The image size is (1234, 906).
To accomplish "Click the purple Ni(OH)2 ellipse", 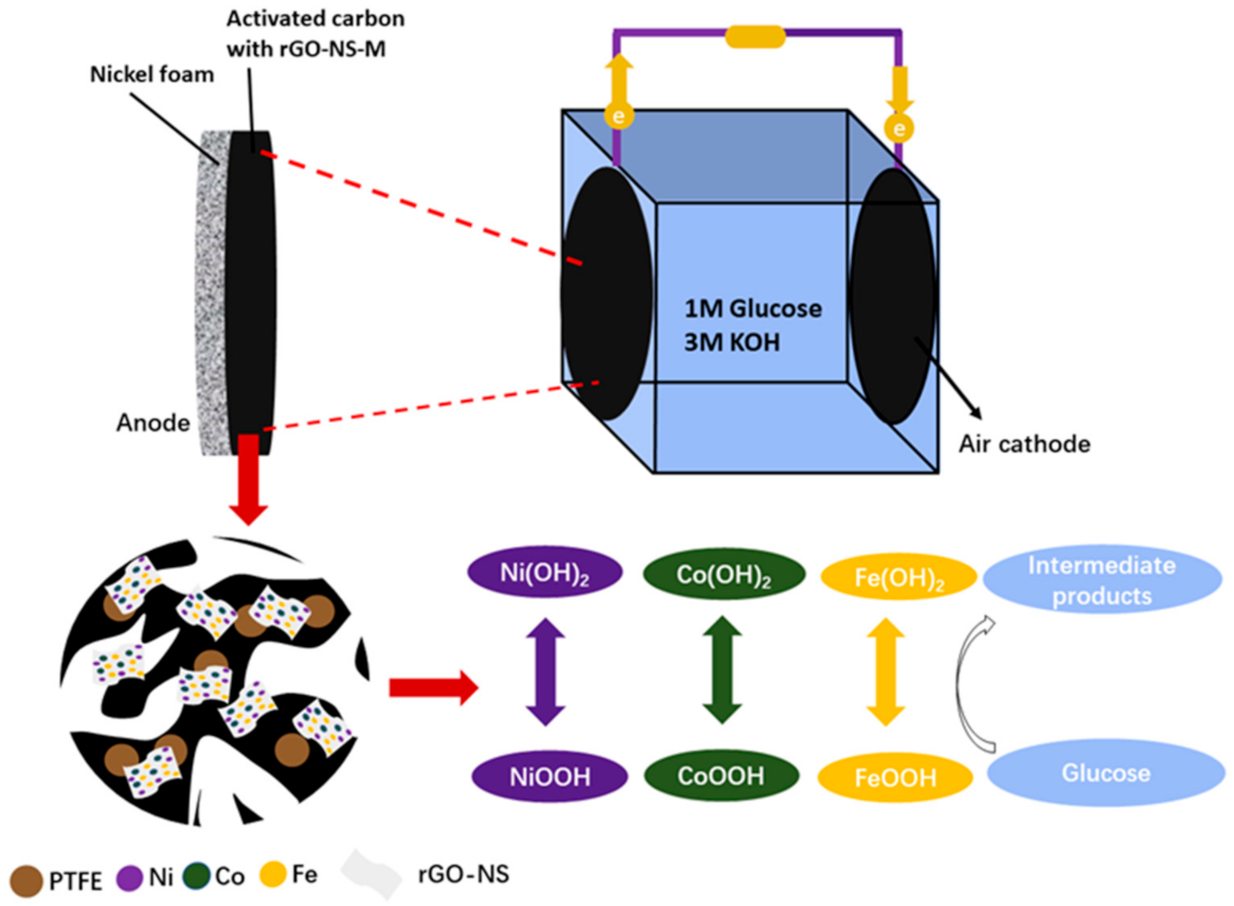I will pyautogui.click(x=544, y=573).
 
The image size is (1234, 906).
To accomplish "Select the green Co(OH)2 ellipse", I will pyautogui.click(x=723, y=574).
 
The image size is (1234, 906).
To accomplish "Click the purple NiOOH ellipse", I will pyautogui.click(x=549, y=777).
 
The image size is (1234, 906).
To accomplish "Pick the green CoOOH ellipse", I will pyautogui.click(x=721, y=776).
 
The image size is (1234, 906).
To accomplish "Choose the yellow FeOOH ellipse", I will pyautogui.click(x=895, y=777).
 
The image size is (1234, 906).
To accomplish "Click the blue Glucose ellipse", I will pyautogui.click(x=1105, y=773).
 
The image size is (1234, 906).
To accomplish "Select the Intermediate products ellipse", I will pyautogui.click(x=1102, y=580).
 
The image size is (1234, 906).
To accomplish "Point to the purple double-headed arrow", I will pyautogui.click(x=545, y=671).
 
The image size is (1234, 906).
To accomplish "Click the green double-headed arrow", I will pyautogui.click(x=722, y=671).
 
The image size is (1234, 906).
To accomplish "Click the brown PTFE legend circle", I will pyautogui.click(x=26, y=880).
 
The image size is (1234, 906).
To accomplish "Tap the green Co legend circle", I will pyautogui.click(x=196, y=876).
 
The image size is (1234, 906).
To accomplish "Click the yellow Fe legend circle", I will pyautogui.click(x=273, y=874).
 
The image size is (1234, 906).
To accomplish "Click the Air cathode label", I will pyautogui.click(x=1024, y=444).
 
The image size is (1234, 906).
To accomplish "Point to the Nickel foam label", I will pyautogui.click(x=152, y=74).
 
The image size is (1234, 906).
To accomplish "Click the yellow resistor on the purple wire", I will pyautogui.click(x=755, y=37).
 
